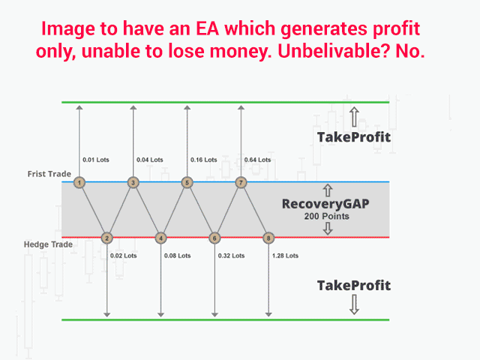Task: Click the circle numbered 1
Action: [x=79, y=183]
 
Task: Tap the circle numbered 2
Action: [x=106, y=238]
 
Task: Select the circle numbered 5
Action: [x=187, y=183]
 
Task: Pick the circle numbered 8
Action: [x=268, y=238]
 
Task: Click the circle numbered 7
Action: [x=241, y=183]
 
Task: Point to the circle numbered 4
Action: [x=160, y=238]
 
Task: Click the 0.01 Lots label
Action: [x=96, y=160]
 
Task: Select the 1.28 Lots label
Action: [x=285, y=256]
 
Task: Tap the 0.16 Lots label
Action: [x=203, y=160]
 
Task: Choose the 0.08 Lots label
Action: [x=177, y=256]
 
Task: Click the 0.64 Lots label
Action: [x=257, y=160]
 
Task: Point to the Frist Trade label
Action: [x=49, y=174]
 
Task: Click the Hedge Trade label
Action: [x=48, y=244]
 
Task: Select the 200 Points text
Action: [x=327, y=216]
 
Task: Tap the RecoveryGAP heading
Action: [x=325, y=204]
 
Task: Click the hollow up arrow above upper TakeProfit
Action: [x=354, y=117]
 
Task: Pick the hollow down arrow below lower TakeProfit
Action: [x=354, y=304]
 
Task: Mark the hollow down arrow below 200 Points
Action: [x=328, y=228]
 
